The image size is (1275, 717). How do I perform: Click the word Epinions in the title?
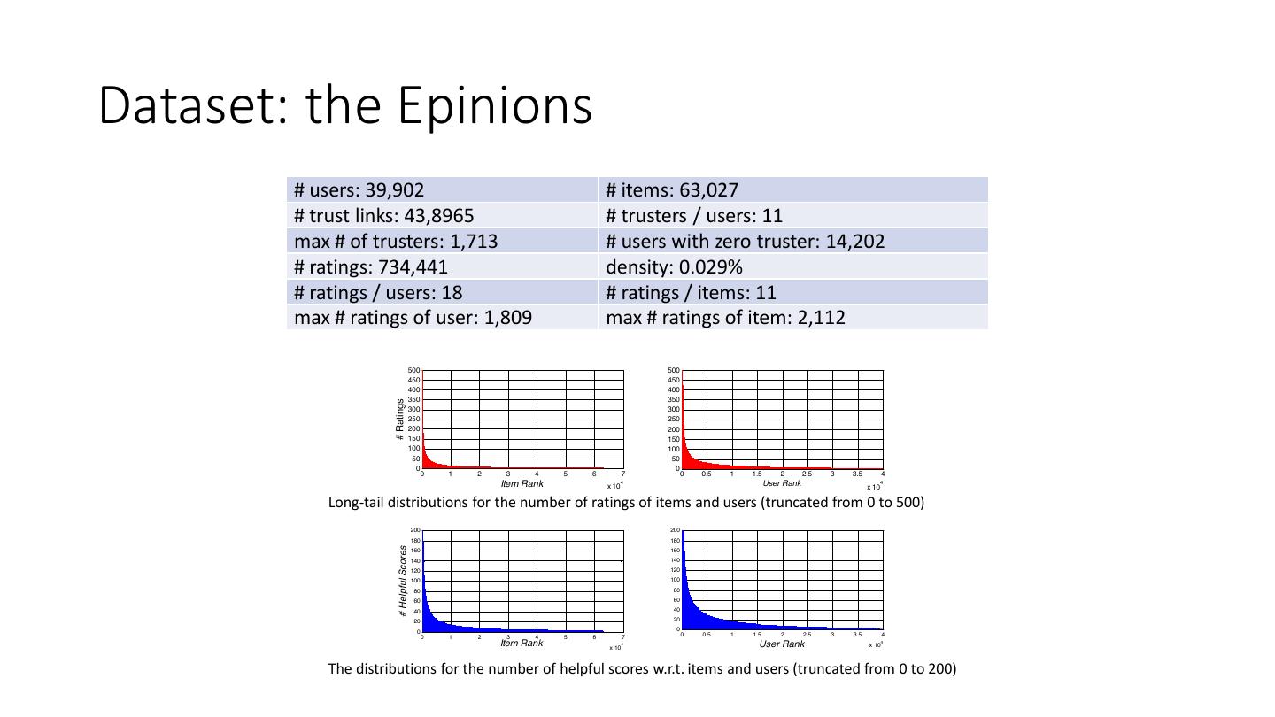(494, 105)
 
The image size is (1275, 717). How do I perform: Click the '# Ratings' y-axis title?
(400, 419)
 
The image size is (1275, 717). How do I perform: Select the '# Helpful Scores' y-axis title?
(402, 581)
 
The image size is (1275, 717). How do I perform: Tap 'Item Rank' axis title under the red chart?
(522, 483)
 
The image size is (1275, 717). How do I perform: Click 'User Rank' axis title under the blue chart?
(782, 644)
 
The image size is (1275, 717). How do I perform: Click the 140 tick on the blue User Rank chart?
(675, 560)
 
